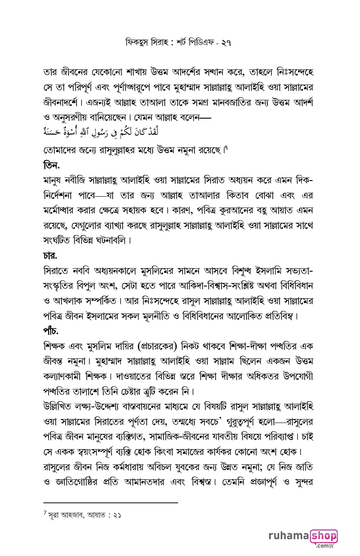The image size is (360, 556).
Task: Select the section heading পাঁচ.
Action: tap(51, 330)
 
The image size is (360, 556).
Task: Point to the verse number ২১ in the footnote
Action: tap(117, 515)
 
